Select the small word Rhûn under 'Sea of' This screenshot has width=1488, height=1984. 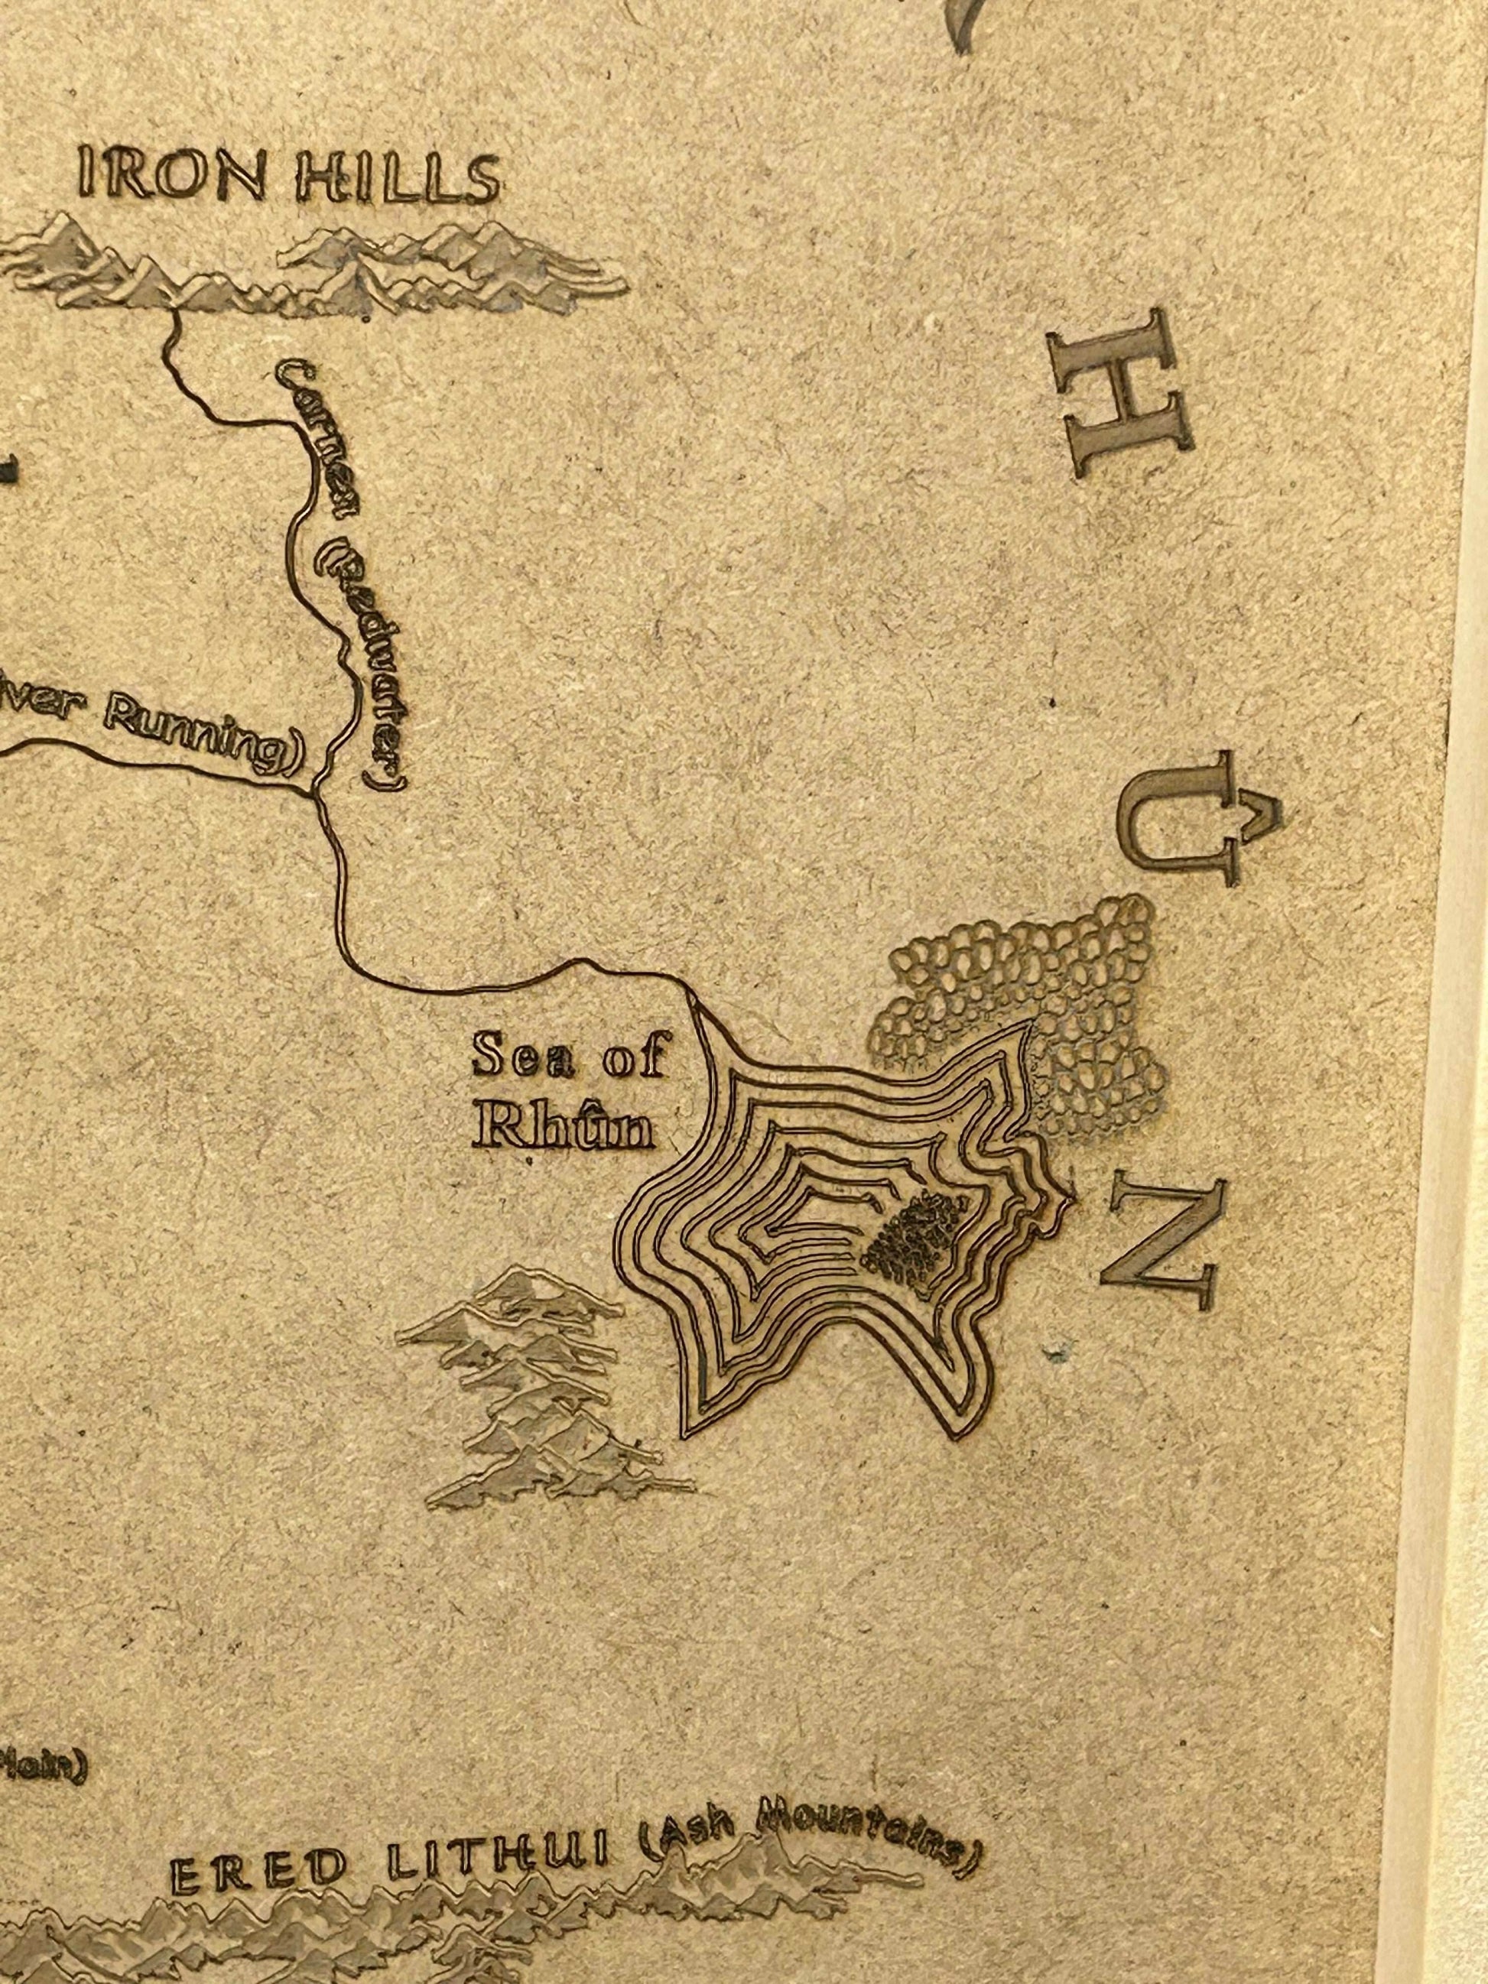(x=564, y=1126)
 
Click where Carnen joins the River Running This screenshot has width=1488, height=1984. (x=312, y=794)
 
